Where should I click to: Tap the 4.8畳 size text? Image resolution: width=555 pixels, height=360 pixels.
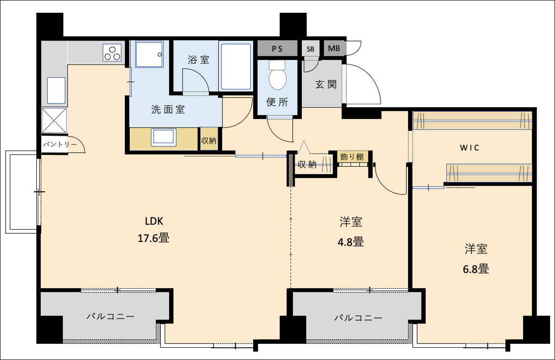coord(351,242)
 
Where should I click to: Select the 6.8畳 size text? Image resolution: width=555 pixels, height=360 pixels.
coord(476,269)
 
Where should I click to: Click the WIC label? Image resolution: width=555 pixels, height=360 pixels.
coord(470,148)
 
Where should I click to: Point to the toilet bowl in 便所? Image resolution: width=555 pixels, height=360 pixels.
coord(278,76)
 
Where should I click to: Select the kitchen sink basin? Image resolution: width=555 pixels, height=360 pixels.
coord(56,90)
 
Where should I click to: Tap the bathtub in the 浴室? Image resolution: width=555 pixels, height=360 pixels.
coord(236,67)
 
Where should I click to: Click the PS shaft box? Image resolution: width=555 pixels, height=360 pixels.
coord(277,49)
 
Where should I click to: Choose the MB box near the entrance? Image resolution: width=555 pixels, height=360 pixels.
coord(334,49)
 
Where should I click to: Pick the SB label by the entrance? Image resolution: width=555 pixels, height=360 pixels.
coord(310,49)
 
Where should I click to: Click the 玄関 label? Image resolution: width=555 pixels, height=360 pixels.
coord(326,85)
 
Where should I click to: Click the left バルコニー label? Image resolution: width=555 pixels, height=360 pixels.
coord(110,317)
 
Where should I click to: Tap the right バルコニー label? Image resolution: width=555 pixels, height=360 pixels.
coord(358,317)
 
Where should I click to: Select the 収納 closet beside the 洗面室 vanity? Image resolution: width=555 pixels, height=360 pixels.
coord(209,140)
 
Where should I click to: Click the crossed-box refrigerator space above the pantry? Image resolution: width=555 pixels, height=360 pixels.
coord(55,120)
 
